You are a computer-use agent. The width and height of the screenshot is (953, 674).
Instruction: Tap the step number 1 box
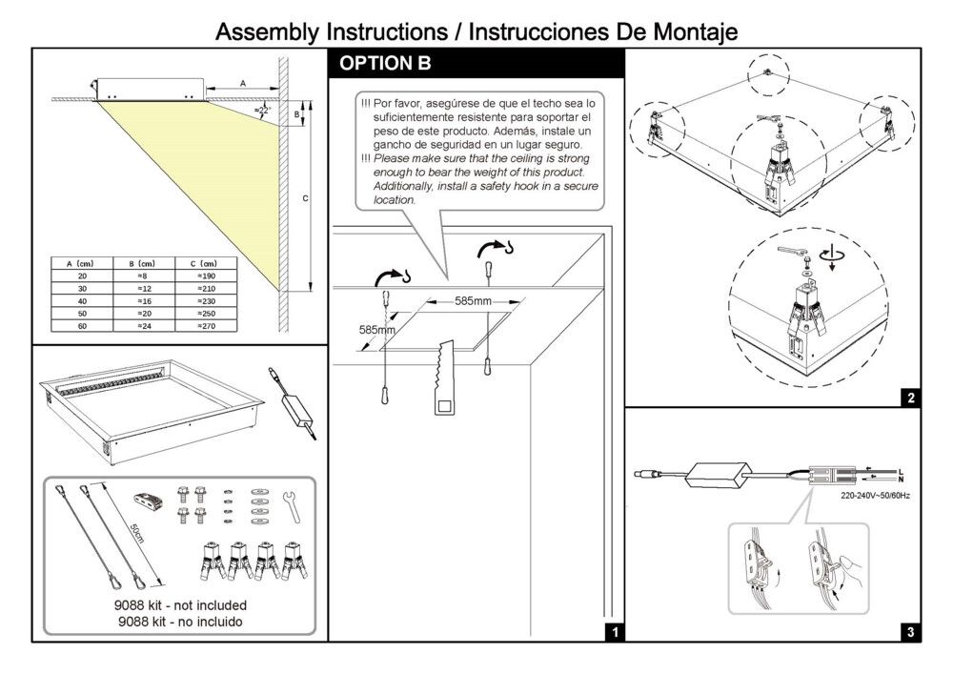(615, 631)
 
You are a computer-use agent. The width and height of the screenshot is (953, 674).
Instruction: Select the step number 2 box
(911, 398)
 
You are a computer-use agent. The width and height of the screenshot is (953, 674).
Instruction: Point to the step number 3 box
(911, 631)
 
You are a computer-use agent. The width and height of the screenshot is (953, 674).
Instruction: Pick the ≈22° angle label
(263, 111)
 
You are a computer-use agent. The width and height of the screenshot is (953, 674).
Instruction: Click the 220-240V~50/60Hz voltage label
(875, 497)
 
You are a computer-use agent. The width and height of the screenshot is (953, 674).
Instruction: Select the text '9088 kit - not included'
(180, 605)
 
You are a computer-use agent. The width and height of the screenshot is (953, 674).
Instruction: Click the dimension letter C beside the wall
(303, 198)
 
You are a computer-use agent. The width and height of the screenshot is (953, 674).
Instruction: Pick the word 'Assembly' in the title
(268, 31)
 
